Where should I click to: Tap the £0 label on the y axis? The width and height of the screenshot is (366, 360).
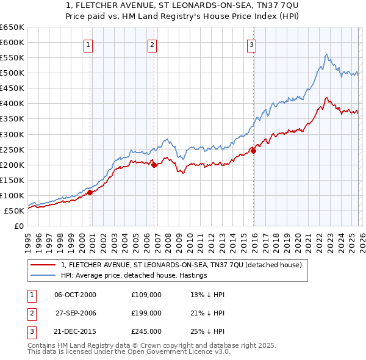pos(18,226)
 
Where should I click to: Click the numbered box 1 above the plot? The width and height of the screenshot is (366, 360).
pos(88,44)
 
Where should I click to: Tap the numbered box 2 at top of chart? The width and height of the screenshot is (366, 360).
pos(152,44)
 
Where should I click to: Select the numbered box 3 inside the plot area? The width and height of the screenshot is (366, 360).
pos(251,44)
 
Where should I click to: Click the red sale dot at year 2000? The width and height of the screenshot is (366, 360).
pos(90,192)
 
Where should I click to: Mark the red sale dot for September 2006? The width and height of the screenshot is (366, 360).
pos(154,165)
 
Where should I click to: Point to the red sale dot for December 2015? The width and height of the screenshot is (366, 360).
pos(254,151)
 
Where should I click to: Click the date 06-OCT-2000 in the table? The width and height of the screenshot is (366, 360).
pos(75,295)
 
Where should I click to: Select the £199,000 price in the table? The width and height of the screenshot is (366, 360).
pos(146,313)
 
